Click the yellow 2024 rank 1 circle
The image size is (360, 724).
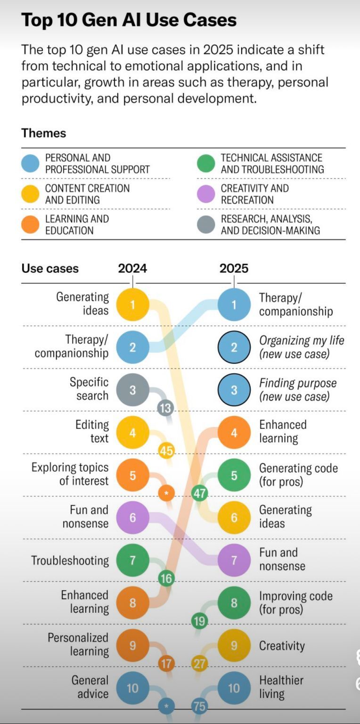(x=132, y=304)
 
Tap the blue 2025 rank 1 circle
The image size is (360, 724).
(x=234, y=304)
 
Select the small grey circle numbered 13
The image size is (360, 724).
(x=165, y=408)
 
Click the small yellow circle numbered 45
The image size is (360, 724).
(x=166, y=451)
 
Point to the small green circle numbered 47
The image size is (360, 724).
(x=200, y=494)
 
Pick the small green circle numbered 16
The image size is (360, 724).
(x=166, y=578)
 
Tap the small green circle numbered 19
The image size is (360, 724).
(x=200, y=621)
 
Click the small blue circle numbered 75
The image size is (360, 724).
(x=200, y=706)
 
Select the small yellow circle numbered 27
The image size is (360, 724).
(x=200, y=664)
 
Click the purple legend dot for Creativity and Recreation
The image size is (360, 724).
(x=206, y=194)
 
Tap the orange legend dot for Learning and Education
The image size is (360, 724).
(x=30, y=224)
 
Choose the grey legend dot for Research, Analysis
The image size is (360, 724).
(x=206, y=224)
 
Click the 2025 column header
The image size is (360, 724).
(x=234, y=269)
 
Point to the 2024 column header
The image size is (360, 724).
(x=132, y=269)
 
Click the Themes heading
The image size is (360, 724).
(x=43, y=133)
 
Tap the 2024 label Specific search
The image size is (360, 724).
(x=89, y=389)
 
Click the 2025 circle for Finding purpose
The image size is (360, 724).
(x=234, y=390)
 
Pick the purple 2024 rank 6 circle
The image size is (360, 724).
(x=132, y=518)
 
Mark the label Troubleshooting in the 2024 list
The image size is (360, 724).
(x=70, y=560)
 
